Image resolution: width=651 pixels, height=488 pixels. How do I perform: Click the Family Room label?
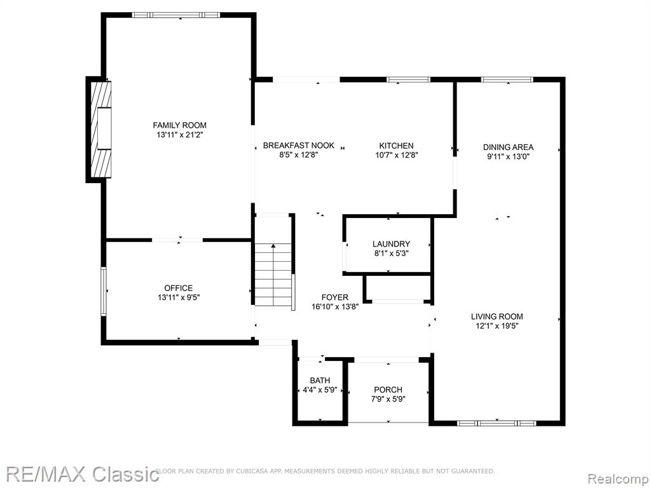[x=179, y=125]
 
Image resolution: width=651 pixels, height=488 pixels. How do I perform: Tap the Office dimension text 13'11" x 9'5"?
[x=179, y=297]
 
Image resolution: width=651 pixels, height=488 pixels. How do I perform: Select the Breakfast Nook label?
[x=299, y=146]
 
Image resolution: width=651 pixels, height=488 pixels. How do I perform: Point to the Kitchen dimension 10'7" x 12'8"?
[x=397, y=155]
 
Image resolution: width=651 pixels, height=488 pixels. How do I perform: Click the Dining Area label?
[x=508, y=147]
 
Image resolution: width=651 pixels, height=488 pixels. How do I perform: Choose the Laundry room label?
[x=391, y=244]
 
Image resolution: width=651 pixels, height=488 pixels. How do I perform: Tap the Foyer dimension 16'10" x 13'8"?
[x=335, y=307]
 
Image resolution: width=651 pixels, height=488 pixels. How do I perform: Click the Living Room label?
[x=497, y=316]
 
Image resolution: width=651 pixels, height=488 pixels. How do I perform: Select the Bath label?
[x=320, y=381]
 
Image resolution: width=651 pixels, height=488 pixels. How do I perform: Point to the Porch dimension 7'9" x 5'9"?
[x=388, y=399]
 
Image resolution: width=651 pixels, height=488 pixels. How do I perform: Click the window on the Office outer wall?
[x=104, y=291]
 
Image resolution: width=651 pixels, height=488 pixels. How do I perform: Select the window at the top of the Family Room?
[x=175, y=15]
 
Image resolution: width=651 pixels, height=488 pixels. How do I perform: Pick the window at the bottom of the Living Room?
[x=497, y=423]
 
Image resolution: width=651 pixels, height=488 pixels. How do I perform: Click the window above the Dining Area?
[x=507, y=79]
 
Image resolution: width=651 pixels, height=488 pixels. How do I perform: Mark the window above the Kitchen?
[x=409, y=79]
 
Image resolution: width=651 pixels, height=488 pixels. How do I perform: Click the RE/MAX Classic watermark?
[x=82, y=474]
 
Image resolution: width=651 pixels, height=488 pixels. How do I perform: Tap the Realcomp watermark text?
[x=619, y=478]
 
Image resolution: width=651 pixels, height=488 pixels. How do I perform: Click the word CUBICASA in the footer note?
[x=250, y=471]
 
